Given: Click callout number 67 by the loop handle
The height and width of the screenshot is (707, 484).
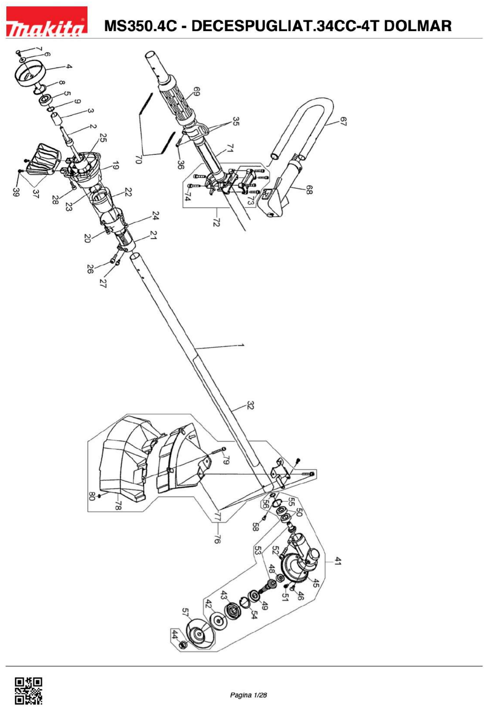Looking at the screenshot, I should click(343, 122).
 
